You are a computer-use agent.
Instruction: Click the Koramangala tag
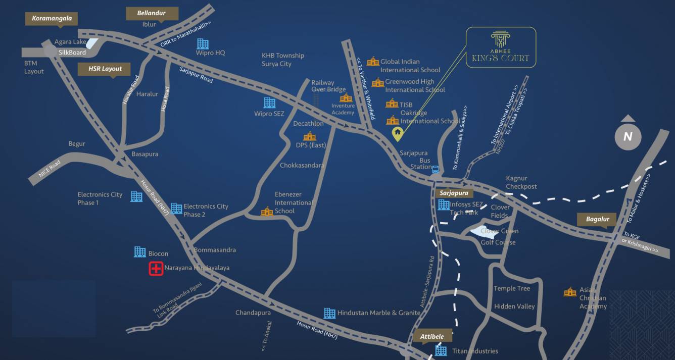52,19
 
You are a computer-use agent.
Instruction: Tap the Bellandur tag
151,13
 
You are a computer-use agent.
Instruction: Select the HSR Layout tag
105,69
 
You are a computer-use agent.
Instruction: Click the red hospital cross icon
156,269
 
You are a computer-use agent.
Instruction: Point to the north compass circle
628,136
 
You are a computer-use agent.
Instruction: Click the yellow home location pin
398,134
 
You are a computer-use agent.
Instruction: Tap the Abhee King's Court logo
500,47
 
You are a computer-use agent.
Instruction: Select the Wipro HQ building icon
203,44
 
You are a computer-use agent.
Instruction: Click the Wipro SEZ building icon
270,103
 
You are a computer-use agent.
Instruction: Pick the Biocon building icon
140,252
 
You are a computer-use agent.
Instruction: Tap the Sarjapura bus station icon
436,170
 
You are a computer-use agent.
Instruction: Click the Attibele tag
432,336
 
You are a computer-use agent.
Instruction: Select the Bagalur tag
598,219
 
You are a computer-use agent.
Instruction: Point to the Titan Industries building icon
441,350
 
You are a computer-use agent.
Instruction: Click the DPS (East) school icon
309,137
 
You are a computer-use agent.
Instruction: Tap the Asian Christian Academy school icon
570,292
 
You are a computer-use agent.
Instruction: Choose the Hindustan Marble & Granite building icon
329,313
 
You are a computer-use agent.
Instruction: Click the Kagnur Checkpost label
521,182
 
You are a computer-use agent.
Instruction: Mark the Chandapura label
253,313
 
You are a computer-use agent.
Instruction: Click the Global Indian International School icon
373,62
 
